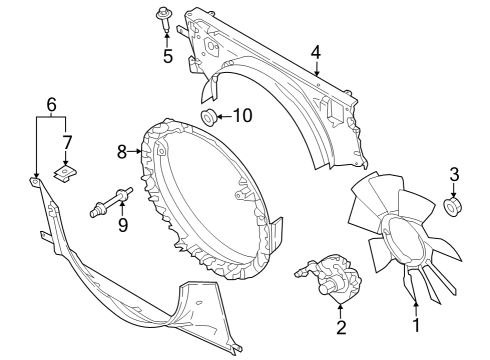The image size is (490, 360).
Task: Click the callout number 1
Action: pyautogui.click(x=416, y=324)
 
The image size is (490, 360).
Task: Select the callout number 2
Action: pyautogui.click(x=340, y=325)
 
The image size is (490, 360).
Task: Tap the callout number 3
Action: pyautogui.click(x=453, y=176)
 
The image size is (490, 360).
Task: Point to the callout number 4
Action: pyautogui.click(x=316, y=52)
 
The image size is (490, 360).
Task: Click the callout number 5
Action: pyautogui.click(x=167, y=56)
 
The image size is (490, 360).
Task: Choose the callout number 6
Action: pyautogui.click(x=52, y=104)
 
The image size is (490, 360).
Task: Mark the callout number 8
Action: pyautogui.click(x=122, y=152)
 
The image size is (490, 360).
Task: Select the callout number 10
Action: pyautogui.click(x=243, y=117)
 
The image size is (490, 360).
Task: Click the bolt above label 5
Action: pyautogui.click(x=162, y=17)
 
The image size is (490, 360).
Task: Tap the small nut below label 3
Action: pyautogui.click(x=452, y=207)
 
